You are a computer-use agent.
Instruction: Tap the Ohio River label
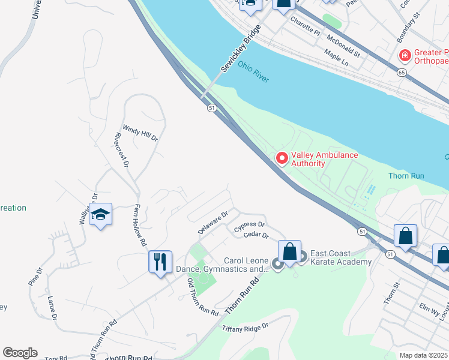click(x=253, y=71)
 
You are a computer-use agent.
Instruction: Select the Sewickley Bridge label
click(x=243, y=49)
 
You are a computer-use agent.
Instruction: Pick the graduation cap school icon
click(x=101, y=214)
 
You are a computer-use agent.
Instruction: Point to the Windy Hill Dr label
click(x=140, y=133)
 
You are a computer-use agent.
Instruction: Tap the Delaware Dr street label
click(x=213, y=223)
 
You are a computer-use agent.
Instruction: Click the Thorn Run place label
click(x=406, y=176)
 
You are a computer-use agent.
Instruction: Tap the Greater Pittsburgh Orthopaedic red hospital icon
click(x=405, y=56)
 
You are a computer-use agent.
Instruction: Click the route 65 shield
click(x=400, y=72)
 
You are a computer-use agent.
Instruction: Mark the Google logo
click(x=20, y=353)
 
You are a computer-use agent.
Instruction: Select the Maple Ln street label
click(x=336, y=58)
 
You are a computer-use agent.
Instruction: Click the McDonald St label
click(x=343, y=45)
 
